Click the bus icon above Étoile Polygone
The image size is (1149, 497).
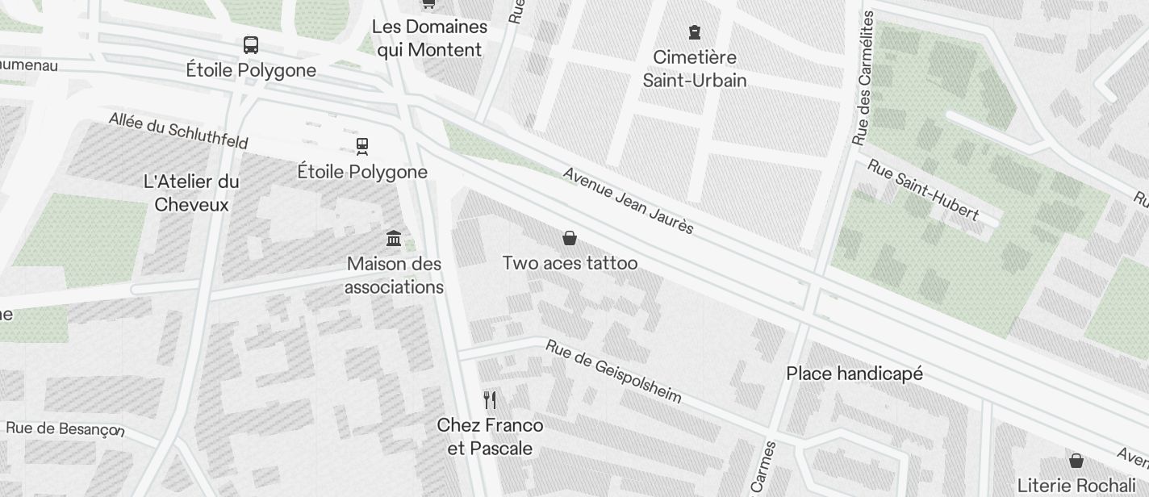251,45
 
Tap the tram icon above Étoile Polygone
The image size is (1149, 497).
362,146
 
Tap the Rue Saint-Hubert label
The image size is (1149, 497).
923,190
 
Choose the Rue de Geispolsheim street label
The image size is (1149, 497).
613,371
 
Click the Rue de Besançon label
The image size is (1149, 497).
65,428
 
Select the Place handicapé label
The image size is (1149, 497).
854,374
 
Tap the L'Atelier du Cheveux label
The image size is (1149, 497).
191,193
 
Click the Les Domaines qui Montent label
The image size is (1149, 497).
429,38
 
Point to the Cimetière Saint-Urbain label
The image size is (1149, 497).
695,69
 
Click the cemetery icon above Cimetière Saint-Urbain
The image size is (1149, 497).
695,32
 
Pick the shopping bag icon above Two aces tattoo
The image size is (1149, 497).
570,237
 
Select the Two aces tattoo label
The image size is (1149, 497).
570,263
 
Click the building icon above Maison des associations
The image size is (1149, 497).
394,238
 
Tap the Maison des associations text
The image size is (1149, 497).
394,275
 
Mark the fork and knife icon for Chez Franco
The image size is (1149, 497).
490,399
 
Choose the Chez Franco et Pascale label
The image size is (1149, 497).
490,436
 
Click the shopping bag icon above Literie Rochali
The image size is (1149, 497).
1076,461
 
